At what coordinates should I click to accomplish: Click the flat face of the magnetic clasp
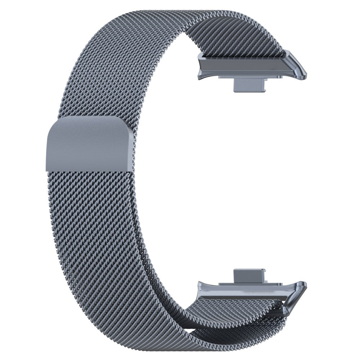pos(88,144)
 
